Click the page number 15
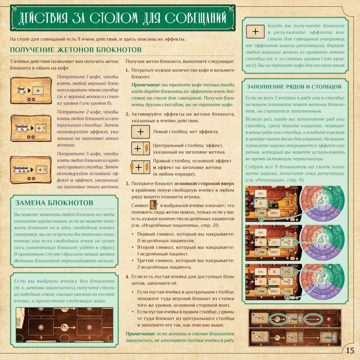click(350, 350)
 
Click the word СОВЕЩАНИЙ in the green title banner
click(195, 18)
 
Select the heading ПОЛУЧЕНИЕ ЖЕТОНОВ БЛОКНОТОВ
click(76, 50)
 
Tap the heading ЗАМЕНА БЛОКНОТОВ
click(54, 203)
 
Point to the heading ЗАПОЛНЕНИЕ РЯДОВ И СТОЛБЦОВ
click(294, 86)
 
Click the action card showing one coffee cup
click(31, 90)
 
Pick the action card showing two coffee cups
click(31, 128)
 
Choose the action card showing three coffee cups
click(31, 170)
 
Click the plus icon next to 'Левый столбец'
click(140, 132)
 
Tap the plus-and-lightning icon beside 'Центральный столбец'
click(140, 149)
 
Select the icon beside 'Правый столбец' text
click(140, 167)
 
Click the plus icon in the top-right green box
click(255, 32)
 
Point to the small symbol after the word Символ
click(154, 205)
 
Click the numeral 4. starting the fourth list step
click(127, 276)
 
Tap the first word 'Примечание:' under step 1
click(146, 85)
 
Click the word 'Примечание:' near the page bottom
click(140, 334)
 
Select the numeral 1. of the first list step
click(127, 70)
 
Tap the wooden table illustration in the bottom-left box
click(64, 325)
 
